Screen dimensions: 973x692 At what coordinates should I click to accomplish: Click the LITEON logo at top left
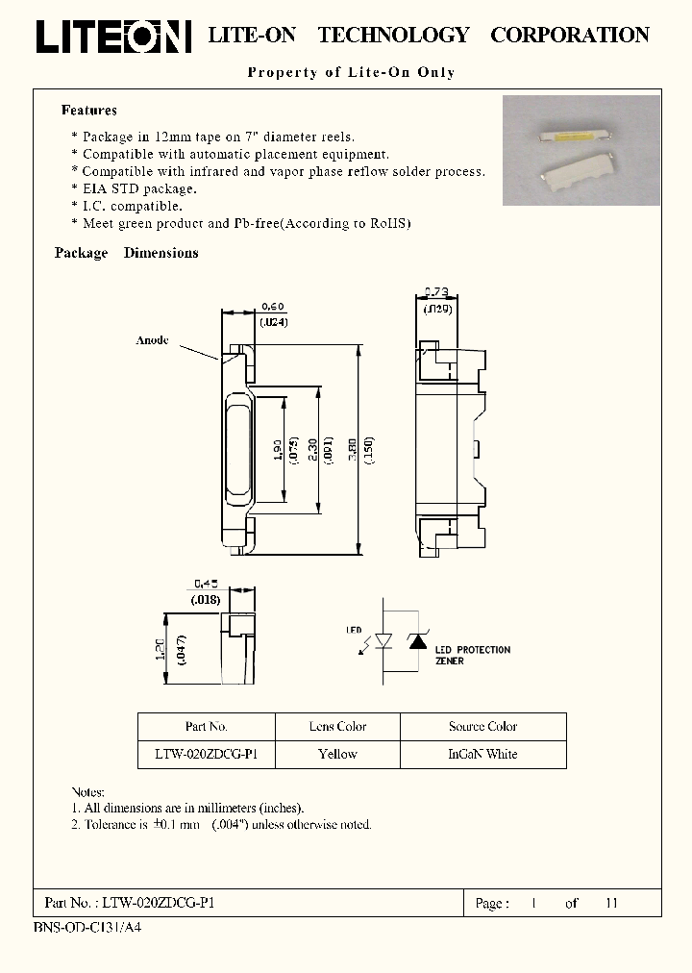[x=113, y=36]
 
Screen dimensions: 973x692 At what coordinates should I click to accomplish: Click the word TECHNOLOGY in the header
[x=393, y=36]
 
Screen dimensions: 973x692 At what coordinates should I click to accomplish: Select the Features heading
[x=89, y=111]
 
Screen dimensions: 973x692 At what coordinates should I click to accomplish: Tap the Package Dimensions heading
[x=127, y=253]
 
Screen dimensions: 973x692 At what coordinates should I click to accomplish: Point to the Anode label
[x=153, y=340]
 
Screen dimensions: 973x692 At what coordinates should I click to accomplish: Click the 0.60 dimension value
[x=273, y=308]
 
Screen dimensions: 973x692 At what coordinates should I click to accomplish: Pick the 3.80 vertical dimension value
[x=353, y=451]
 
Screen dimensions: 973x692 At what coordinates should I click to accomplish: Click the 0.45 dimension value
[x=207, y=583]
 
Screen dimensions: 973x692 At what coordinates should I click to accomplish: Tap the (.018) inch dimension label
[x=206, y=599]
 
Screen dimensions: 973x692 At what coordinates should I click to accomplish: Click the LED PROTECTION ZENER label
[x=472, y=655]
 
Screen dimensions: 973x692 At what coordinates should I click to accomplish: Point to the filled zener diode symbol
[x=418, y=639]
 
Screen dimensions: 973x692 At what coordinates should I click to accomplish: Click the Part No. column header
[x=206, y=727]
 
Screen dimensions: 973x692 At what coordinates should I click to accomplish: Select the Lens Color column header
[x=337, y=727]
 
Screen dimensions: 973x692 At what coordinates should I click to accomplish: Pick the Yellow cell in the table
[x=337, y=754]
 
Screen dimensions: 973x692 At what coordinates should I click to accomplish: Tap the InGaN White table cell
[x=482, y=754]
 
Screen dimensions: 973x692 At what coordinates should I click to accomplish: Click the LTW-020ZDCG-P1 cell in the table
[x=206, y=754]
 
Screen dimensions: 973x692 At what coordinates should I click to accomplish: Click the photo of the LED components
[x=581, y=150]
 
